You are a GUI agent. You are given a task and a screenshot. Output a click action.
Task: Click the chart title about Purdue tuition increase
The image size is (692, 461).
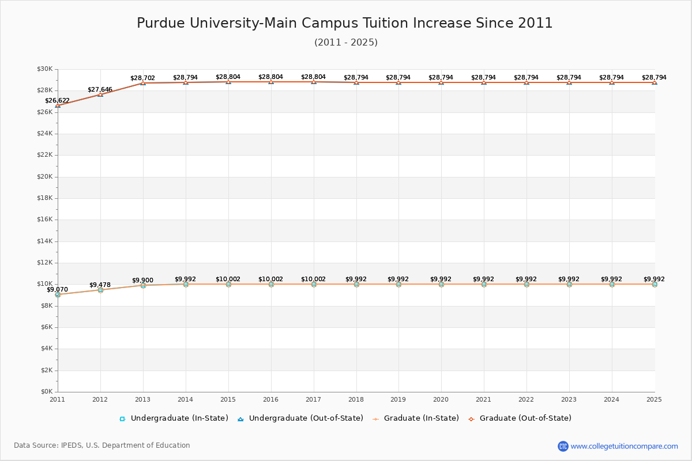(345, 23)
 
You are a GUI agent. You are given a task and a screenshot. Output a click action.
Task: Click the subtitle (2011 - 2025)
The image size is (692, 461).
(346, 43)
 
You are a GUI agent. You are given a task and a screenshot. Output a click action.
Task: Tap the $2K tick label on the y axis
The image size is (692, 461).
(46, 371)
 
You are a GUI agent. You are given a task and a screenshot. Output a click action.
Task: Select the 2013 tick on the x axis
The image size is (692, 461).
(143, 399)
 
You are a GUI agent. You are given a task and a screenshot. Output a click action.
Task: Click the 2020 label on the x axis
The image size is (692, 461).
(441, 399)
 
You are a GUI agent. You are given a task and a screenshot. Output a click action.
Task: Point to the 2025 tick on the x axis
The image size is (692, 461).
(654, 399)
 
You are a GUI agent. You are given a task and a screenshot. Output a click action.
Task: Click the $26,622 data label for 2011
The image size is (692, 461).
(58, 100)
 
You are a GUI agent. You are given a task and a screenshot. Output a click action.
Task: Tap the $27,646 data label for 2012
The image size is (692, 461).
(100, 89)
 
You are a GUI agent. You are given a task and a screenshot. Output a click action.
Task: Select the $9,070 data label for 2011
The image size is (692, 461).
(58, 289)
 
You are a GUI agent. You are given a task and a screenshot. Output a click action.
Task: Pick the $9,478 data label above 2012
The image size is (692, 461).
(100, 285)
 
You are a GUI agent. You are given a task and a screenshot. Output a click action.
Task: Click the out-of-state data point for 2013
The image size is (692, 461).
(143, 83)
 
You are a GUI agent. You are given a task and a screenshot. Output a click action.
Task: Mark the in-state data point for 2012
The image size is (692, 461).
(100, 290)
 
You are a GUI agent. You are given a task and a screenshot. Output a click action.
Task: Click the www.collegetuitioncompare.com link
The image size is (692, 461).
(624, 446)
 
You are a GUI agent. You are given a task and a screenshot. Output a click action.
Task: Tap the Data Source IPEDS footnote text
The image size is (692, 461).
(102, 445)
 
